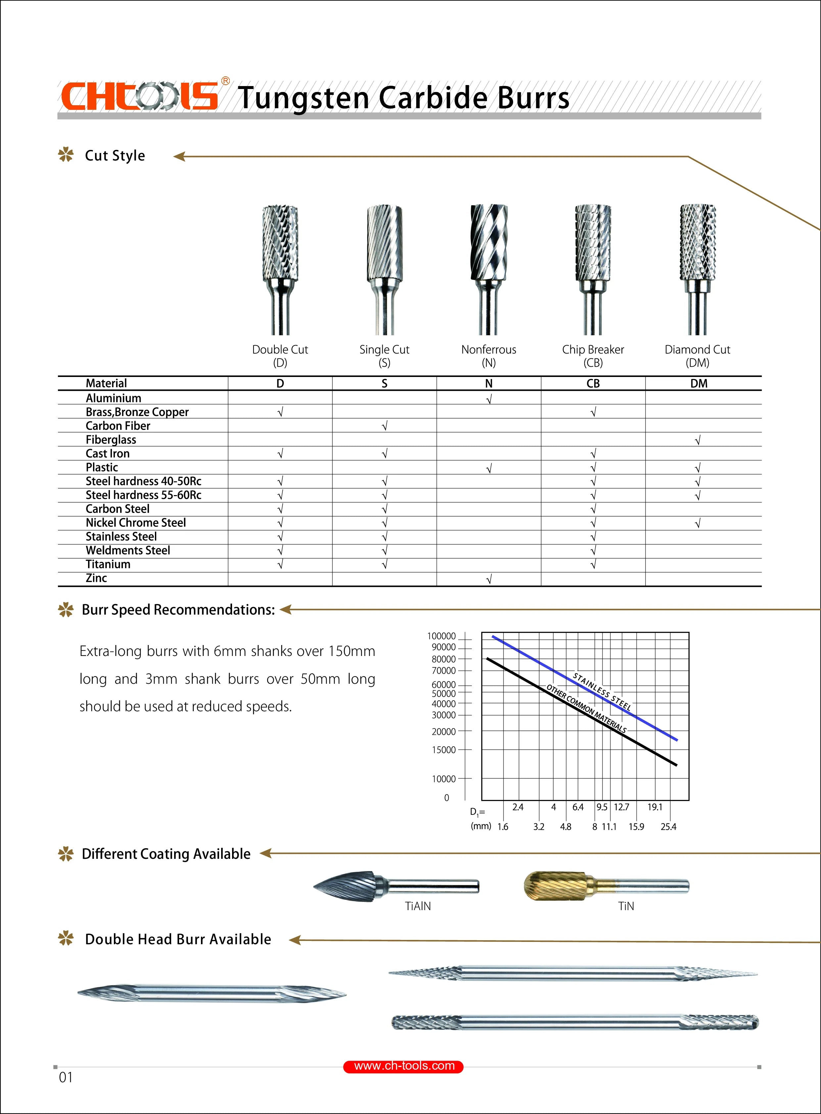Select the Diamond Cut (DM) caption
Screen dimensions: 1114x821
697,356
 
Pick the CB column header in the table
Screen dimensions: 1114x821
593,383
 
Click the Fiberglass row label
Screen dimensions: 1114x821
111,440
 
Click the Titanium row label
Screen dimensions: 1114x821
108,565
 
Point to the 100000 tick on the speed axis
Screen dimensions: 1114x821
441,636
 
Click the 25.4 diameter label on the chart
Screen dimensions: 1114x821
668,827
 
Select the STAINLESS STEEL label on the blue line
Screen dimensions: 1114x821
602,691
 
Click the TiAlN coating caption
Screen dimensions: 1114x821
418,906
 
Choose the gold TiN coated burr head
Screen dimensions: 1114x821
555,885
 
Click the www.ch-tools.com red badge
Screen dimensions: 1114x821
404,1066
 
